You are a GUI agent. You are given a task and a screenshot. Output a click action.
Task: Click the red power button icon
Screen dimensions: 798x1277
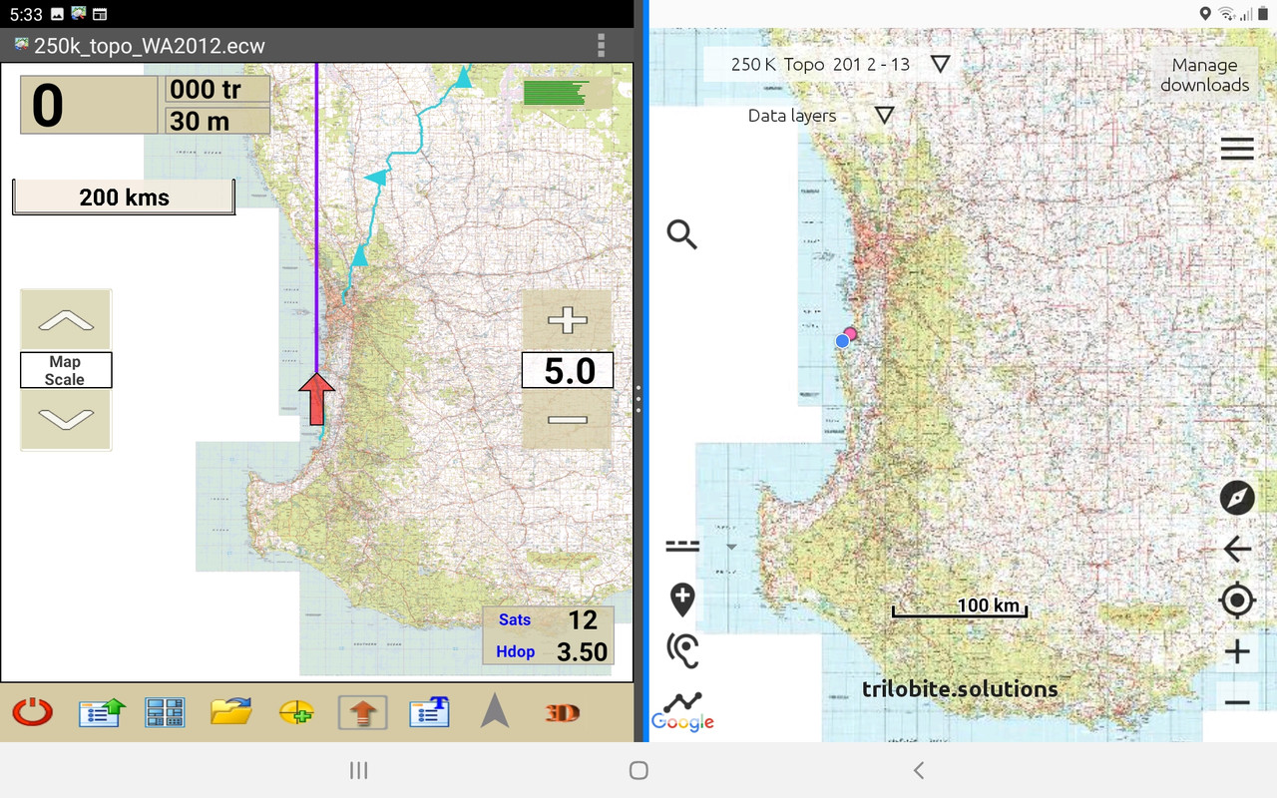tap(32, 712)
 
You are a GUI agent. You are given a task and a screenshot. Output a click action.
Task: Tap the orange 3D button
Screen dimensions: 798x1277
tap(562, 712)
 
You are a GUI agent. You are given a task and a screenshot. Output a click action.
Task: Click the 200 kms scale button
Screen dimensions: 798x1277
tap(124, 197)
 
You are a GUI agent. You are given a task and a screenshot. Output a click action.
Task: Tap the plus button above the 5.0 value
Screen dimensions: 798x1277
tap(567, 321)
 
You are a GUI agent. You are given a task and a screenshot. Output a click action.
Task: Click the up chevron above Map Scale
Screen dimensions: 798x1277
tap(66, 320)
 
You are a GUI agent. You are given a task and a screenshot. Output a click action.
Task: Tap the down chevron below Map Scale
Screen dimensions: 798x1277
tap(66, 419)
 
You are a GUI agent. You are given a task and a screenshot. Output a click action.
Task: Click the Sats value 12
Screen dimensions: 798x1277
tap(582, 619)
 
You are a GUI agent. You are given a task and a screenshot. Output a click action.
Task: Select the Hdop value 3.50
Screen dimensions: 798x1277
tap(582, 651)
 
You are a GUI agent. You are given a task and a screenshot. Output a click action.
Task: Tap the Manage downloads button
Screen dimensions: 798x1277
tap(1204, 75)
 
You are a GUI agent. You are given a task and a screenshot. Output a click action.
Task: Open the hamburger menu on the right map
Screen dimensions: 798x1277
tap(1237, 150)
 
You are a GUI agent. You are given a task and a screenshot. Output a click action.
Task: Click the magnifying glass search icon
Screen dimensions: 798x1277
tap(682, 235)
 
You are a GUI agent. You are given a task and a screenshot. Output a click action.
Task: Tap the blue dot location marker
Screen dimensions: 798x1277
tap(842, 341)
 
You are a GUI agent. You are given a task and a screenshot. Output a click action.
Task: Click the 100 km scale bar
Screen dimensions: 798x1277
tap(960, 607)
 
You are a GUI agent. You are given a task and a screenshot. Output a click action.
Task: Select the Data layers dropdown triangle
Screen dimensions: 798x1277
tap(883, 115)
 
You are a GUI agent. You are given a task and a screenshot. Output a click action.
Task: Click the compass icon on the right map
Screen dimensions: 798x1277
tap(1237, 497)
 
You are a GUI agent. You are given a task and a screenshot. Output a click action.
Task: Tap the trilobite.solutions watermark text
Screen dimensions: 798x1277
tap(960, 688)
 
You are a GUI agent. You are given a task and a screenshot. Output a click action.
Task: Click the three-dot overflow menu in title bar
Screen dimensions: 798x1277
tap(601, 45)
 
